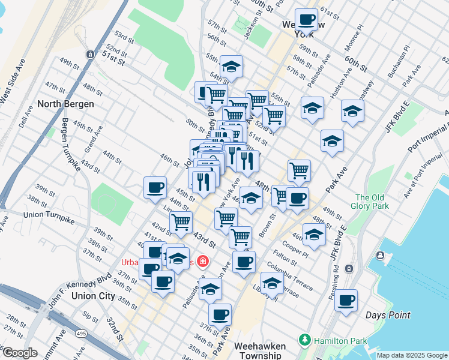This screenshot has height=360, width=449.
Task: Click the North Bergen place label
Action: pyautogui.click(x=65, y=104)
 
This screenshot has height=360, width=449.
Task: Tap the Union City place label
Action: pyautogui.click(x=92, y=296)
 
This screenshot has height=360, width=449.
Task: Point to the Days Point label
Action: pyautogui.click(x=388, y=315)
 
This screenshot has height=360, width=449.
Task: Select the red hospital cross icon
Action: pyautogui.click(x=202, y=261)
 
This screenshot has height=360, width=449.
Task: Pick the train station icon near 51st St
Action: pyautogui.click(x=89, y=54)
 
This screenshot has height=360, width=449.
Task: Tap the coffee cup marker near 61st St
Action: pyautogui.click(x=307, y=19)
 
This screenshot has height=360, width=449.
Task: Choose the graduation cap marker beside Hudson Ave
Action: pyautogui.click(x=352, y=110)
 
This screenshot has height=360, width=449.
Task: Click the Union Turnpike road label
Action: pyautogui.click(x=47, y=215)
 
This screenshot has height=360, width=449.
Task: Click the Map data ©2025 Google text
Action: pyautogui.click(x=411, y=355)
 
